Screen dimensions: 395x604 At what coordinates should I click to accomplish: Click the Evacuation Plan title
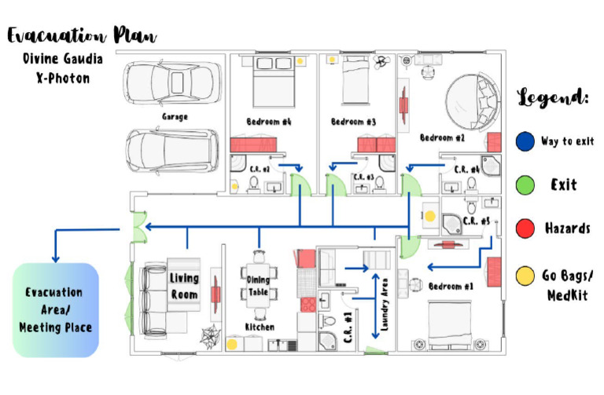pos(81,35)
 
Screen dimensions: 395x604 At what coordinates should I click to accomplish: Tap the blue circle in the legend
pos(525,141)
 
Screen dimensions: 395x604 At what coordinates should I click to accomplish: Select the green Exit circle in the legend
pos(525,185)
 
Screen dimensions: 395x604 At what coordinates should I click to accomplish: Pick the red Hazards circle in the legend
pos(525,229)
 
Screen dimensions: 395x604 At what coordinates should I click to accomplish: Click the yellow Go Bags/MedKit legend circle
pos(525,276)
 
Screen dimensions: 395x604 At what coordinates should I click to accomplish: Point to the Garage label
pos(175,117)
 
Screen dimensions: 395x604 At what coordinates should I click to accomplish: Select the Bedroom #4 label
pos(269,122)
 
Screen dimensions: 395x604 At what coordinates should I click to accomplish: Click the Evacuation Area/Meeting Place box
pos(56,309)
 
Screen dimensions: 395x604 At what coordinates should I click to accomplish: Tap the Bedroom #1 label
pos(448,287)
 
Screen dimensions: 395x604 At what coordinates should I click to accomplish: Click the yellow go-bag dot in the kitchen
pos(232,344)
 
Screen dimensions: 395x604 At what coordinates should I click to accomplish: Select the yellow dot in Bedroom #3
pos(333,60)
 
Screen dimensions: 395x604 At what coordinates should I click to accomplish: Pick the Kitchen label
pos(259,326)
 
